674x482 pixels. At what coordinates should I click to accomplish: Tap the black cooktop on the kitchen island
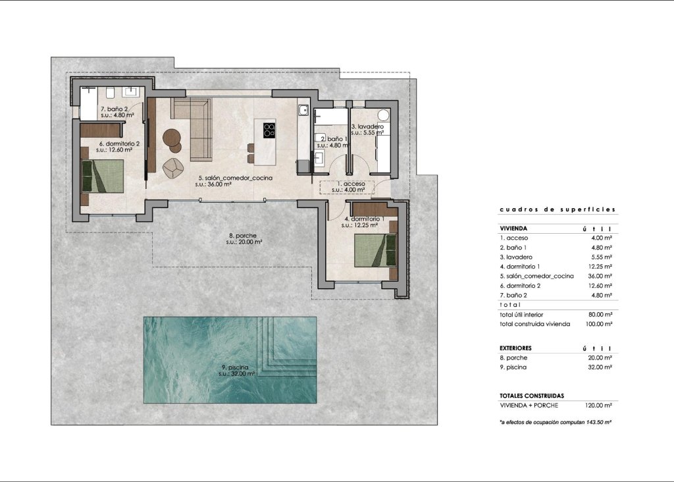[269, 130]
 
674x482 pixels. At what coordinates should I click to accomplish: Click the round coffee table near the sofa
[173, 138]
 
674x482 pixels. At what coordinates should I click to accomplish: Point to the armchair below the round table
[172, 169]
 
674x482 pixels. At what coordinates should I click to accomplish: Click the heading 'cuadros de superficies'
[557, 209]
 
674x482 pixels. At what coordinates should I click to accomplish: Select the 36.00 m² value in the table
[600, 276]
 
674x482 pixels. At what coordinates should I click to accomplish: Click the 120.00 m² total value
[600, 406]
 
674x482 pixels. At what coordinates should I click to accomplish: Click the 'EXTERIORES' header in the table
[515, 348]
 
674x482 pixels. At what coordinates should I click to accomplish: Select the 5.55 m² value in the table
[602, 256]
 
